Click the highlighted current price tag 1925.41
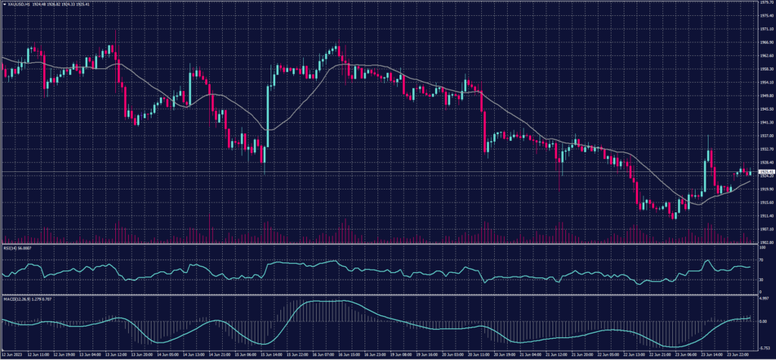(765, 172)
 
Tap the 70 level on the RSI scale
(761, 260)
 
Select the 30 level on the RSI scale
(761, 280)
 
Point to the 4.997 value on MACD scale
(764, 299)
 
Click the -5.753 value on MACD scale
(764, 345)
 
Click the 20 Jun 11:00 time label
(482, 354)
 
